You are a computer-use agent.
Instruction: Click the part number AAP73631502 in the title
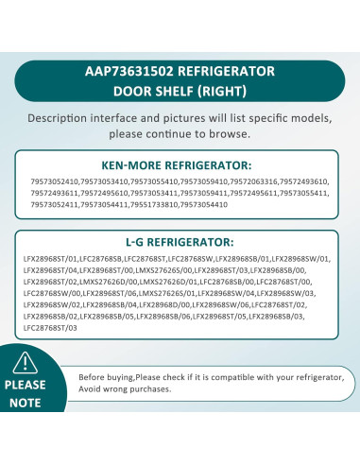pos(132,71)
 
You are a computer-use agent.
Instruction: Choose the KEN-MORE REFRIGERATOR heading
pos(180,163)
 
